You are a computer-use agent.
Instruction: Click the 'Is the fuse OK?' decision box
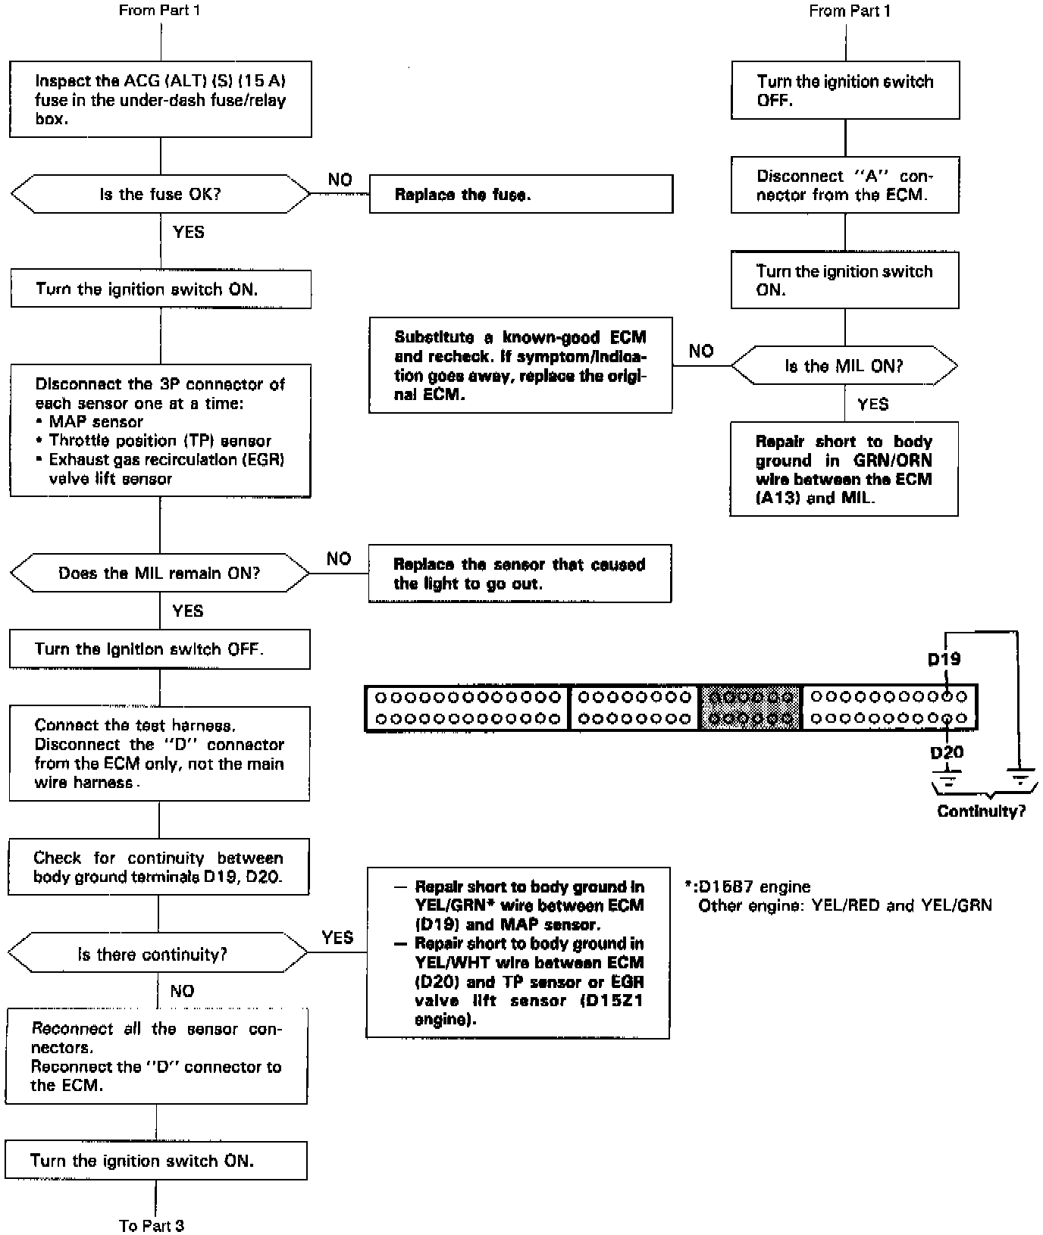pyautogui.click(x=160, y=194)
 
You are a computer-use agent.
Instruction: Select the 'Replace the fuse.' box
pyautogui.click(x=521, y=195)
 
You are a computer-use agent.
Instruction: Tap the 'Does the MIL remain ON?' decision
pyautogui.click(x=159, y=573)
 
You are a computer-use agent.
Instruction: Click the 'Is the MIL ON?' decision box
pyautogui.click(x=844, y=366)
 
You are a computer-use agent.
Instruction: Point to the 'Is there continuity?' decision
pyautogui.click(x=157, y=954)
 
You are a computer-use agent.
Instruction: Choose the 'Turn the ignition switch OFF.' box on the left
pyautogui.click(x=159, y=649)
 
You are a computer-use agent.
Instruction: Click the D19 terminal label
pyautogui.click(x=944, y=659)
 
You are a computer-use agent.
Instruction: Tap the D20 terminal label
pyautogui.click(x=947, y=752)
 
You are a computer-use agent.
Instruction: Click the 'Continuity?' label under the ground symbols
pyautogui.click(x=981, y=811)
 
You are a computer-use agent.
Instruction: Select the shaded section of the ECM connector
pyautogui.click(x=750, y=707)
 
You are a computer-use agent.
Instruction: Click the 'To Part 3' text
pyautogui.click(x=152, y=1225)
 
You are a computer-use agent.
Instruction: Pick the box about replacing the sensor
pyautogui.click(x=519, y=574)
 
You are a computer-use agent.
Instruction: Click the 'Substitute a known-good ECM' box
pyautogui.click(x=520, y=365)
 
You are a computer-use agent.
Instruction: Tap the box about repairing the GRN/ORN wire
pyautogui.click(x=844, y=469)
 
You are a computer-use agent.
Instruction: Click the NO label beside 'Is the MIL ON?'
pyautogui.click(x=701, y=351)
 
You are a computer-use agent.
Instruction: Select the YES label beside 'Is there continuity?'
pyautogui.click(x=337, y=937)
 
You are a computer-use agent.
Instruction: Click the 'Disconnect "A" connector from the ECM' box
pyautogui.click(x=844, y=185)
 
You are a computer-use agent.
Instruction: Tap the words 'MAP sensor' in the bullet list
pyautogui.click(x=96, y=421)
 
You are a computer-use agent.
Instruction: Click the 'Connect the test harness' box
pyautogui.click(x=159, y=754)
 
